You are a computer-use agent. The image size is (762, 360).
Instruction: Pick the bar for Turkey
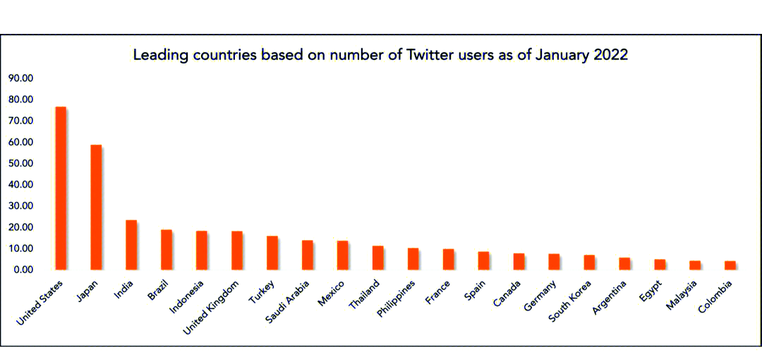click(x=272, y=253)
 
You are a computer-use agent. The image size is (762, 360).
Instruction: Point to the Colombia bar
click(x=730, y=265)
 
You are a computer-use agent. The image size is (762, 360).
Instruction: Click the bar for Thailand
click(x=378, y=257)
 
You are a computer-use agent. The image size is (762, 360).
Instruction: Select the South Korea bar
click(x=590, y=262)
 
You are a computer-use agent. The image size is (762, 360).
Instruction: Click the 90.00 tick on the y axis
click(x=21, y=78)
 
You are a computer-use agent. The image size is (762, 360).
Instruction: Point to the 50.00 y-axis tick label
click(x=21, y=163)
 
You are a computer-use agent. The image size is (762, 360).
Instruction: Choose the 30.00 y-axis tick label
click(x=21, y=206)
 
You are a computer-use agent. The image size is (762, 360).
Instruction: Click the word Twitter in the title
click(x=430, y=55)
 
